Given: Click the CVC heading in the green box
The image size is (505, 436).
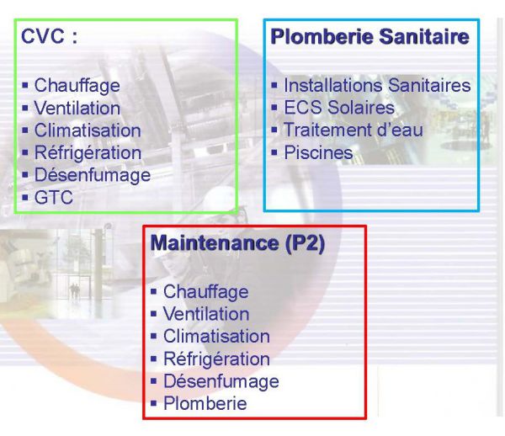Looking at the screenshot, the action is tap(49, 36).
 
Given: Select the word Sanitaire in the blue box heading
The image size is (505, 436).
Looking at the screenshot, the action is tap(424, 36).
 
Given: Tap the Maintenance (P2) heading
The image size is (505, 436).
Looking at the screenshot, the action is tap(237, 243).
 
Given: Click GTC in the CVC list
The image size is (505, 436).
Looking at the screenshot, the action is tap(54, 198).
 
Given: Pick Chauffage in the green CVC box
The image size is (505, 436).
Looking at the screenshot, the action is tap(77, 86).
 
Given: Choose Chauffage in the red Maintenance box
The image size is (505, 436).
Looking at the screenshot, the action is tap(206, 292).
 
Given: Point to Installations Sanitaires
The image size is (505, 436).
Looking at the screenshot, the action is tap(377, 86).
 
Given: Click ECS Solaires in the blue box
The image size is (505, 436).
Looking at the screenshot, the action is tap(339, 108).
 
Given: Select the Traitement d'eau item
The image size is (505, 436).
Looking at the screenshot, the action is tap(353, 130).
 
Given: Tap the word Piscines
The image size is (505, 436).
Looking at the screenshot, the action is tap(318, 152).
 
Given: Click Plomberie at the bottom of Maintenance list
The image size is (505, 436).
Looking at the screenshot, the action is tap(205, 403).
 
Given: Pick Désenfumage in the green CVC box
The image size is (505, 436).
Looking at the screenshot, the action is tap(93, 176).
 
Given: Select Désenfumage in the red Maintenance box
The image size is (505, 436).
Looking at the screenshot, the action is tap(221, 381).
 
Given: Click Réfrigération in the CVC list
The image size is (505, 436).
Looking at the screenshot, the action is tap(88, 153).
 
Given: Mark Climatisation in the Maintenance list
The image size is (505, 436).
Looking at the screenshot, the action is tap(217, 337).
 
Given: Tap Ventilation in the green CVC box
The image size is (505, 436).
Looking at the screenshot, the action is tap(77, 109).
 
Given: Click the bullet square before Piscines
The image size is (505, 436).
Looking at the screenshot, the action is tap(274, 152).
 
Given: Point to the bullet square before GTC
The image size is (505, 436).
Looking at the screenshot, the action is tap(25, 197).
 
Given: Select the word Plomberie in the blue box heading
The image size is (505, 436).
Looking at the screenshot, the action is tap(322, 36).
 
